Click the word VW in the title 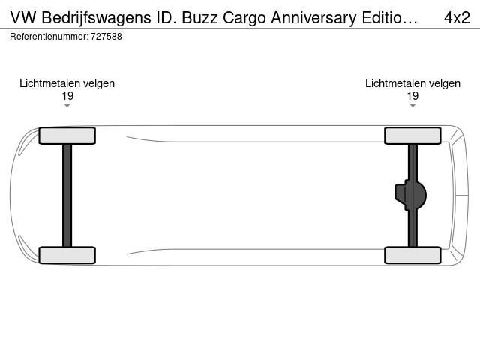click(23, 18)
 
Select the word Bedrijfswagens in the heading click(96, 18)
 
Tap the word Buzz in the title click(199, 18)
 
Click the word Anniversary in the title click(313, 18)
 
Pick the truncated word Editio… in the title click(390, 18)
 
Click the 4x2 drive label click(457, 18)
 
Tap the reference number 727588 click(106, 37)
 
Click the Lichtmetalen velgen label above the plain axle click(67, 83)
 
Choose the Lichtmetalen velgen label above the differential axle click(412, 83)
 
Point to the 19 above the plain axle click(67, 96)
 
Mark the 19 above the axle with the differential click(412, 96)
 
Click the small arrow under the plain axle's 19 click(67, 106)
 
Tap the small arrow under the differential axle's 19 click(412, 106)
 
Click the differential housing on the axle click(410, 195)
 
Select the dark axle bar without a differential click(67, 195)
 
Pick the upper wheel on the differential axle click(412, 136)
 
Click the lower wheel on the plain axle click(67, 255)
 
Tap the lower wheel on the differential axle click(412, 255)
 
